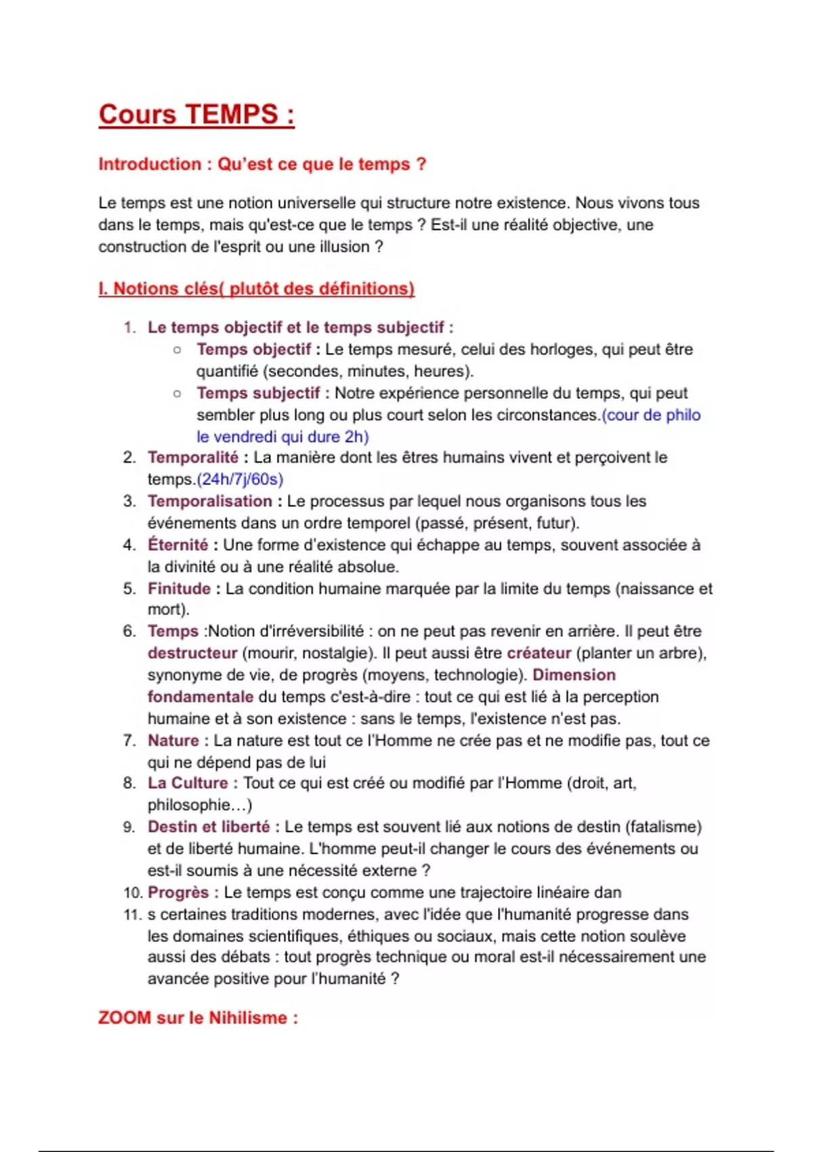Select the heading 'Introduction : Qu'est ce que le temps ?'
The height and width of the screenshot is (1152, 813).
coord(262,164)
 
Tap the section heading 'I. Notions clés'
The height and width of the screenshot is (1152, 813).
coord(256,289)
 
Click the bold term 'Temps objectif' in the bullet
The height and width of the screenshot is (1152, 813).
coord(253,350)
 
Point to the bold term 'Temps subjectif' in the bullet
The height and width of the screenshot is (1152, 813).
coord(257,393)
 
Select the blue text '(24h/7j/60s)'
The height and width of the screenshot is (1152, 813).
coord(239,480)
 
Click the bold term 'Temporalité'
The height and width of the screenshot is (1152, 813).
coord(193,458)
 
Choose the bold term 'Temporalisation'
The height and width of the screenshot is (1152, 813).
coord(210,501)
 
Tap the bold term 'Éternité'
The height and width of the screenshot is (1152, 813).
coord(178,545)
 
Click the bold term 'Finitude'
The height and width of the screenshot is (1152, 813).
coord(180,589)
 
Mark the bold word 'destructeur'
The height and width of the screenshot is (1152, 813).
coord(192,653)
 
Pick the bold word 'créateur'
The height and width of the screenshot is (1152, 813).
coord(539,653)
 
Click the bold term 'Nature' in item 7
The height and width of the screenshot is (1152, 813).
coord(173,741)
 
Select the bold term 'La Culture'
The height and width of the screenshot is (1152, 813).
coord(188,783)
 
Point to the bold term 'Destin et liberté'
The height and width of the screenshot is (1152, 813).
coord(209,827)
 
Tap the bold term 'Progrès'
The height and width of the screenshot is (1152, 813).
coord(178,892)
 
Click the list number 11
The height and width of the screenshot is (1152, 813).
coord(132,915)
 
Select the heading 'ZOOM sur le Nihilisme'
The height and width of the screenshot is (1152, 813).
coord(198,1018)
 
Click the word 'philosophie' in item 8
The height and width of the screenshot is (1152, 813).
coord(188,805)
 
